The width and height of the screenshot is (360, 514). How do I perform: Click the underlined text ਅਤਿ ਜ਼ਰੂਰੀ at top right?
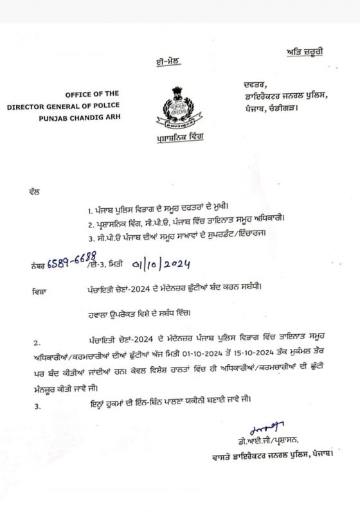[x=307, y=51]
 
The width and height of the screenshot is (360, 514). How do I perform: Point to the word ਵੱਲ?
[x=35, y=191]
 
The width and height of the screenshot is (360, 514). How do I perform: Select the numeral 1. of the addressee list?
[x=91, y=211]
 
